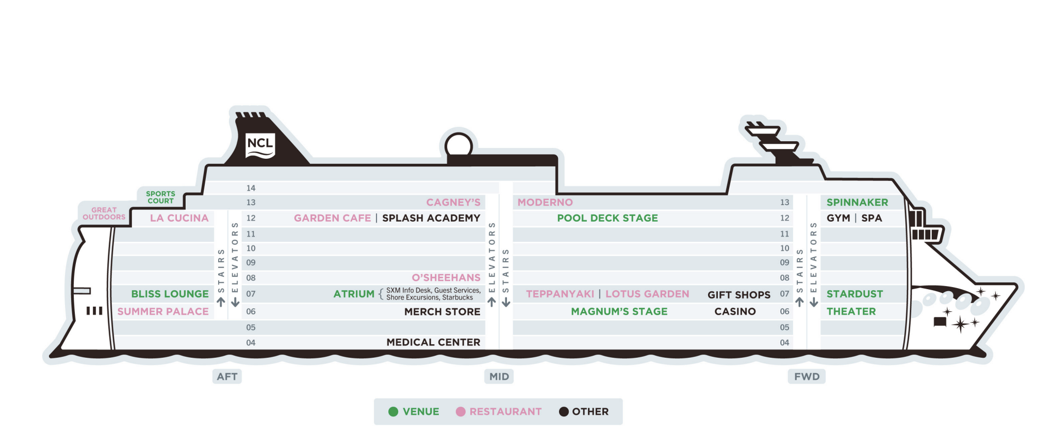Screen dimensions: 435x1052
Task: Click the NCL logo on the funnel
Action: (260, 145)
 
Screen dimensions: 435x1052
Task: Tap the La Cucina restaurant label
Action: (179, 218)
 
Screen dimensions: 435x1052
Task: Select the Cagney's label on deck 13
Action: (453, 203)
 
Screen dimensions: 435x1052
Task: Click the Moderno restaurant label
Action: (545, 203)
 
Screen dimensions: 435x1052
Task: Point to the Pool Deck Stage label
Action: (607, 218)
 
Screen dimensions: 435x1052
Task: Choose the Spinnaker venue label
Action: (857, 203)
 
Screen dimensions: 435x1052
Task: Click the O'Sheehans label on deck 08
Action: (446, 278)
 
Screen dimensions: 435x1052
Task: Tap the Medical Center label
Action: (433, 342)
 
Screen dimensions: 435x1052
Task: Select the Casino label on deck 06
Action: (735, 311)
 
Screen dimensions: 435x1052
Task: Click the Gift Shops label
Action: (738, 295)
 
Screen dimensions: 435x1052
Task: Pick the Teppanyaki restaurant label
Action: (560, 294)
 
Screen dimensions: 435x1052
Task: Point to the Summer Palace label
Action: (163, 311)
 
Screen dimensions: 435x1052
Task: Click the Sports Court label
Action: (160, 197)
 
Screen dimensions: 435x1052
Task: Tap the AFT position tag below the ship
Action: (227, 377)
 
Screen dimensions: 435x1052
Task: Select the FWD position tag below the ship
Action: (807, 377)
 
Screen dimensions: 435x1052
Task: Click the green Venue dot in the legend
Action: (393, 412)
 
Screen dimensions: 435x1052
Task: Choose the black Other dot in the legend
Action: (564, 412)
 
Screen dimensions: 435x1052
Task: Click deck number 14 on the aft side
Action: (251, 188)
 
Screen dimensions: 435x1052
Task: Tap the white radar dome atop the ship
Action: (458, 145)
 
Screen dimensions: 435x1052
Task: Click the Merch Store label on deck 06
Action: (442, 312)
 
